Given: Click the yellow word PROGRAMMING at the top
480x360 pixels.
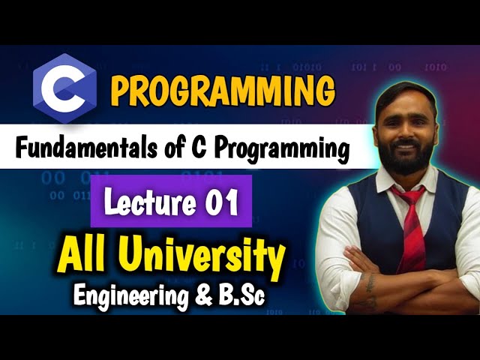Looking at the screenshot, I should (223, 91).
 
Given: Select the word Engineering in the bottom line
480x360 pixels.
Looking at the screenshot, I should (131, 295).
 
